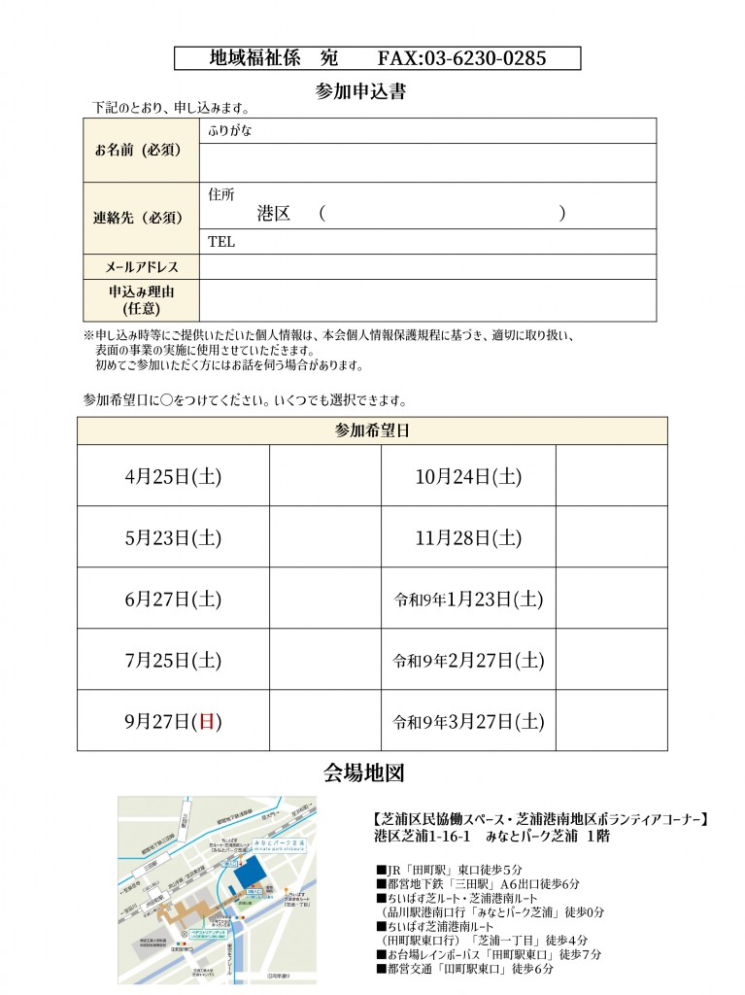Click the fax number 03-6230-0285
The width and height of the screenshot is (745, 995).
coord(461,58)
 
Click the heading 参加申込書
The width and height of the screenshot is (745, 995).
coord(360,92)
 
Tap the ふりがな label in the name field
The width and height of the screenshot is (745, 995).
coord(230,130)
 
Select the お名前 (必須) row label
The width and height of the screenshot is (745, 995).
coord(139,151)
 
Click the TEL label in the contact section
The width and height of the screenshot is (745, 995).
coord(222,242)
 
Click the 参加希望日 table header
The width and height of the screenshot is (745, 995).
coord(372,429)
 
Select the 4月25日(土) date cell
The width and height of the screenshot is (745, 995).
coord(173,476)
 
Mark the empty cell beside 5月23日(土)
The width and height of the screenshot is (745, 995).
coord(324,537)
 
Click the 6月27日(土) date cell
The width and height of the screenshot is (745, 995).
coord(173,599)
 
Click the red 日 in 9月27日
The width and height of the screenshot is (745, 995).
coord(205,721)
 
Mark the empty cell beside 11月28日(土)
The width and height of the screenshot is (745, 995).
coord(611,537)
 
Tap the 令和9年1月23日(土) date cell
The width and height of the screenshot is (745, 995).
coord(467,599)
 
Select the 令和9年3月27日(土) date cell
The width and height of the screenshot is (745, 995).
coord(467,721)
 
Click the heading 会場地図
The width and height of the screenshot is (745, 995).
coord(363,773)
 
